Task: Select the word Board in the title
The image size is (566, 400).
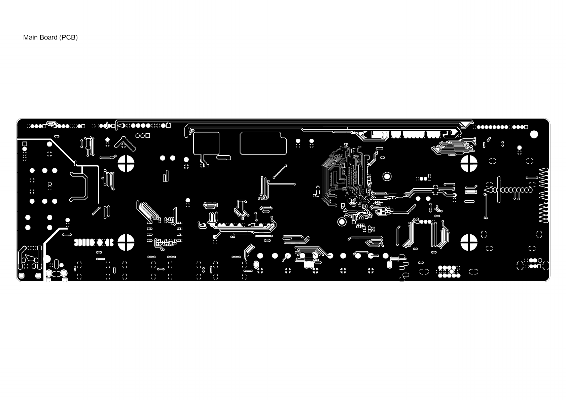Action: [x=48, y=37]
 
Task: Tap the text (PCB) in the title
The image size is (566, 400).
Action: [x=68, y=37]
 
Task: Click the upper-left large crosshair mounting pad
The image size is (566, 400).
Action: [x=126, y=164]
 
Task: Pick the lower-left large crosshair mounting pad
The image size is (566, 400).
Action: [x=126, y=242]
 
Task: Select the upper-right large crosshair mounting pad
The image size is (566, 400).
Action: [x=469, y=164]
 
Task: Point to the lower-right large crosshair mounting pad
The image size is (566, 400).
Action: [x=469, y=242]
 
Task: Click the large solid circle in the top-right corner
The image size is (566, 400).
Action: [x=534, y=134]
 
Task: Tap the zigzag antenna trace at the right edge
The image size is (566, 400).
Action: [x=544, y=195]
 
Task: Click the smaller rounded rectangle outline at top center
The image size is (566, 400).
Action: [x=206, y=143]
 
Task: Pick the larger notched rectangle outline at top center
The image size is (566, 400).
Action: [x=263, y=143]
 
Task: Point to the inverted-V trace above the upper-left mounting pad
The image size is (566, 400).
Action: [x=125, y=143]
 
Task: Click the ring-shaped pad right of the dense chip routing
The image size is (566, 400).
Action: [x=387, y=176]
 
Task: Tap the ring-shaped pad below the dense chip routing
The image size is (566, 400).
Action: [x=342, y=222]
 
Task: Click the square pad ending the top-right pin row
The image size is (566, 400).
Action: [x=526, y=127]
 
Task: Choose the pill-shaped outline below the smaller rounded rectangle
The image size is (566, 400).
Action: [x=224, y=157]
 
